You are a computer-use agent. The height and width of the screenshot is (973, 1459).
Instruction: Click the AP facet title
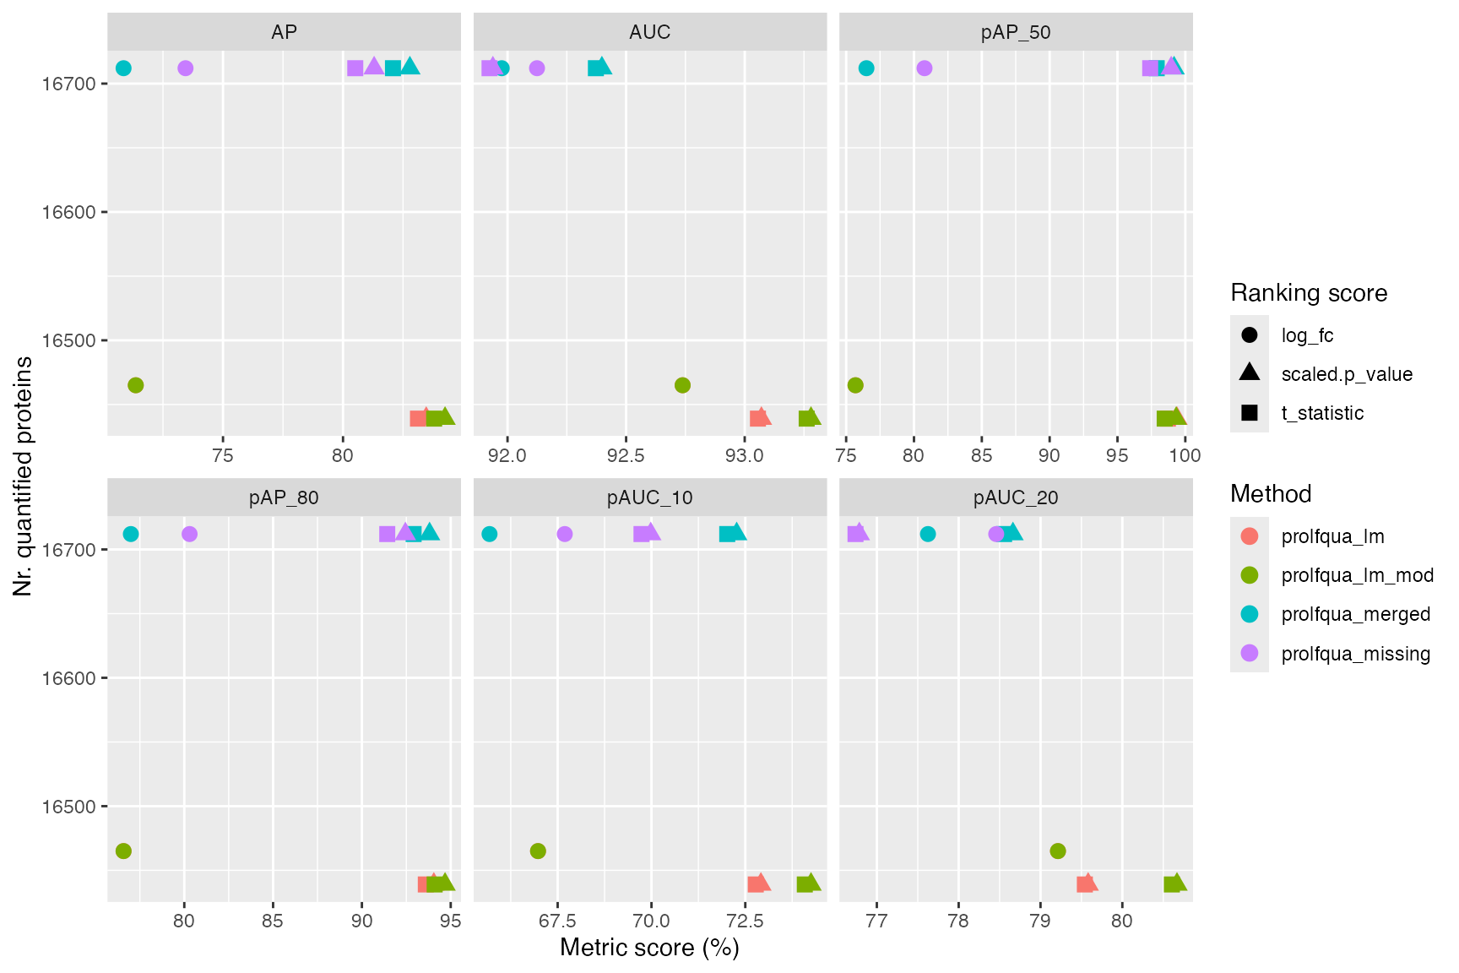tap(284, 32)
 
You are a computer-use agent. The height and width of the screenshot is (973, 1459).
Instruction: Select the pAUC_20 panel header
tap(1015, 497)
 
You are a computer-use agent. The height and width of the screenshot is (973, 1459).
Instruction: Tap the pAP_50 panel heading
tap(1015, 32)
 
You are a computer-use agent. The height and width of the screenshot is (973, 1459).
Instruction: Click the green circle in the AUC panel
tap(682, 385)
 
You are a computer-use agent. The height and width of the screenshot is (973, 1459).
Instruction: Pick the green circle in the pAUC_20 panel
tap(1057, 851)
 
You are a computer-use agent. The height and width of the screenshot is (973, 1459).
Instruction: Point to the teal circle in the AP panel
tap(123, 68)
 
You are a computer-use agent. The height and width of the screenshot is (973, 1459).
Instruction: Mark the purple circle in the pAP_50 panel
tap(924, 68)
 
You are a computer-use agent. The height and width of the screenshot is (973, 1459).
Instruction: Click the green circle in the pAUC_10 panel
tap(538, 851)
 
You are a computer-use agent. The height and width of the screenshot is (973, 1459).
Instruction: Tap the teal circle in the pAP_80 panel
tap(131, 534)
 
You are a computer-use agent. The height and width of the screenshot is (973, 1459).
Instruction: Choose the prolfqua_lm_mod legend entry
tap(1357, 575)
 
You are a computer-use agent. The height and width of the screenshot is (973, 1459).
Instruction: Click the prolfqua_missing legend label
tap(1355, 654)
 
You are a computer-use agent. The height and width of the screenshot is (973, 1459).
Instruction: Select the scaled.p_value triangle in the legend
tap(1250, 373)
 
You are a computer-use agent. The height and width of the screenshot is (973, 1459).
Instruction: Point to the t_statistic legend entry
tap(1322, 413)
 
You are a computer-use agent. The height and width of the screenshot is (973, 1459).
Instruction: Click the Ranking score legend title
tap(1308, 293)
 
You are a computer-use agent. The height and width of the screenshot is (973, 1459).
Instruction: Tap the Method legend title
tap(1270, 494)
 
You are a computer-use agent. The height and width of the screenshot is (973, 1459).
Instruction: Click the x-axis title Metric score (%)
tap(649, 948)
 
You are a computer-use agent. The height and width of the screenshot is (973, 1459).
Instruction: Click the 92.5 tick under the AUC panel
tap(625, 456)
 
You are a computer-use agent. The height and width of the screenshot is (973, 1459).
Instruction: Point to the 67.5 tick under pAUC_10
tap(556, 921)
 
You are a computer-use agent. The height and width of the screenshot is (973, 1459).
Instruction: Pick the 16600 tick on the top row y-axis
tap(69, 212)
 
